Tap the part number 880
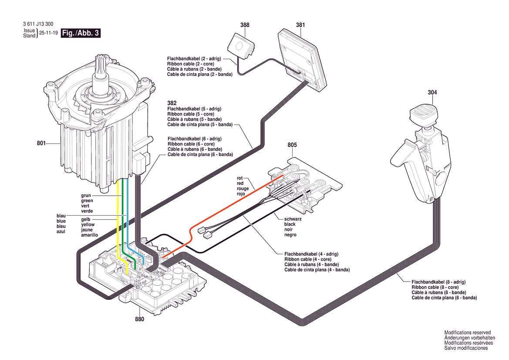pyautogui.click(x=139, y=319)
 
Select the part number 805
pyautogui.click(x=292, y=145)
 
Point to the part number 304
pyautogui.click(x=432, y=92)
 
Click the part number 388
pyautogui.click(x=245, y=25)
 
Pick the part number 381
pyautogui.click(x=300, y=25)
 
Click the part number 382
pyautogui.click(x=172, y=103)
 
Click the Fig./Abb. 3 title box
pyautogui.click(x=81, y=33)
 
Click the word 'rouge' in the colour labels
pyautogui.click(x=243, y=189)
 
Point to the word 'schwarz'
pyautogui.click(x=293, y=219)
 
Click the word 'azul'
pyautogui.click(x=61, y=231)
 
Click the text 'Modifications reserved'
pyautogui.click(x=467, y=333)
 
